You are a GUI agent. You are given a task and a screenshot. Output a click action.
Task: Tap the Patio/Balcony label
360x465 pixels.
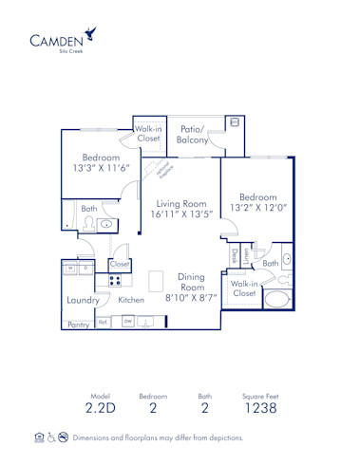[193, 134]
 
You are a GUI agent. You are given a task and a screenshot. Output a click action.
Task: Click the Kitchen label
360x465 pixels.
[132, 300]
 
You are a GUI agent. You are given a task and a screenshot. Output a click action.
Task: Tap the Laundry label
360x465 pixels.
[84, 300]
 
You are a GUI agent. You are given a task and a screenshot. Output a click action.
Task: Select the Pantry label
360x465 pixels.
[78, 324]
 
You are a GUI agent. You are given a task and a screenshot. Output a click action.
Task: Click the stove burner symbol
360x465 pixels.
[115, 279]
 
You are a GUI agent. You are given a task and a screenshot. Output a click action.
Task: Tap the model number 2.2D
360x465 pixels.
[101, 408]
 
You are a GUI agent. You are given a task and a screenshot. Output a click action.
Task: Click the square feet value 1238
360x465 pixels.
[260, 408]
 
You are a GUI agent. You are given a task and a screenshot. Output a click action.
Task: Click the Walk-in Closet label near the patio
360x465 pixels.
[148, 133]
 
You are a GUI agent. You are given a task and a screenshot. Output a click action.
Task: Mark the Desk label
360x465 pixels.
[236, 255]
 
